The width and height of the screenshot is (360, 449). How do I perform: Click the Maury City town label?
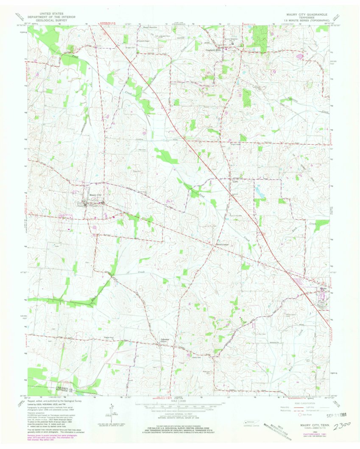tap(96, 195)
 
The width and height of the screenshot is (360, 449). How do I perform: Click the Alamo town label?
tap(324, 290)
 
